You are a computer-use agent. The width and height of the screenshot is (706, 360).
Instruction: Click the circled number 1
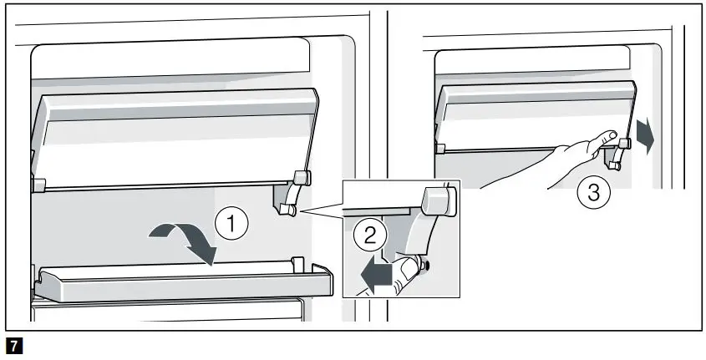pyautogui.click(x=231, y=224)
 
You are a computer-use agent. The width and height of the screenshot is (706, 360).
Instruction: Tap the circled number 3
pyautogui.click(x=592, y=194)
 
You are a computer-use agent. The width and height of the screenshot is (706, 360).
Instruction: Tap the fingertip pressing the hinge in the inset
pyautogui.click(x=406, y=269)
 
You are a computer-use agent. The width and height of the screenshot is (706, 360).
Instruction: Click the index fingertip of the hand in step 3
pyautogui.click(x=612, y=134)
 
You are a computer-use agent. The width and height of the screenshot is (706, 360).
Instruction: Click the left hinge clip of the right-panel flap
pyautogui.click(x=440, y=147)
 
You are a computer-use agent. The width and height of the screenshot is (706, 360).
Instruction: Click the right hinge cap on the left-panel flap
pyautogui.click(x=302, y=177)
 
